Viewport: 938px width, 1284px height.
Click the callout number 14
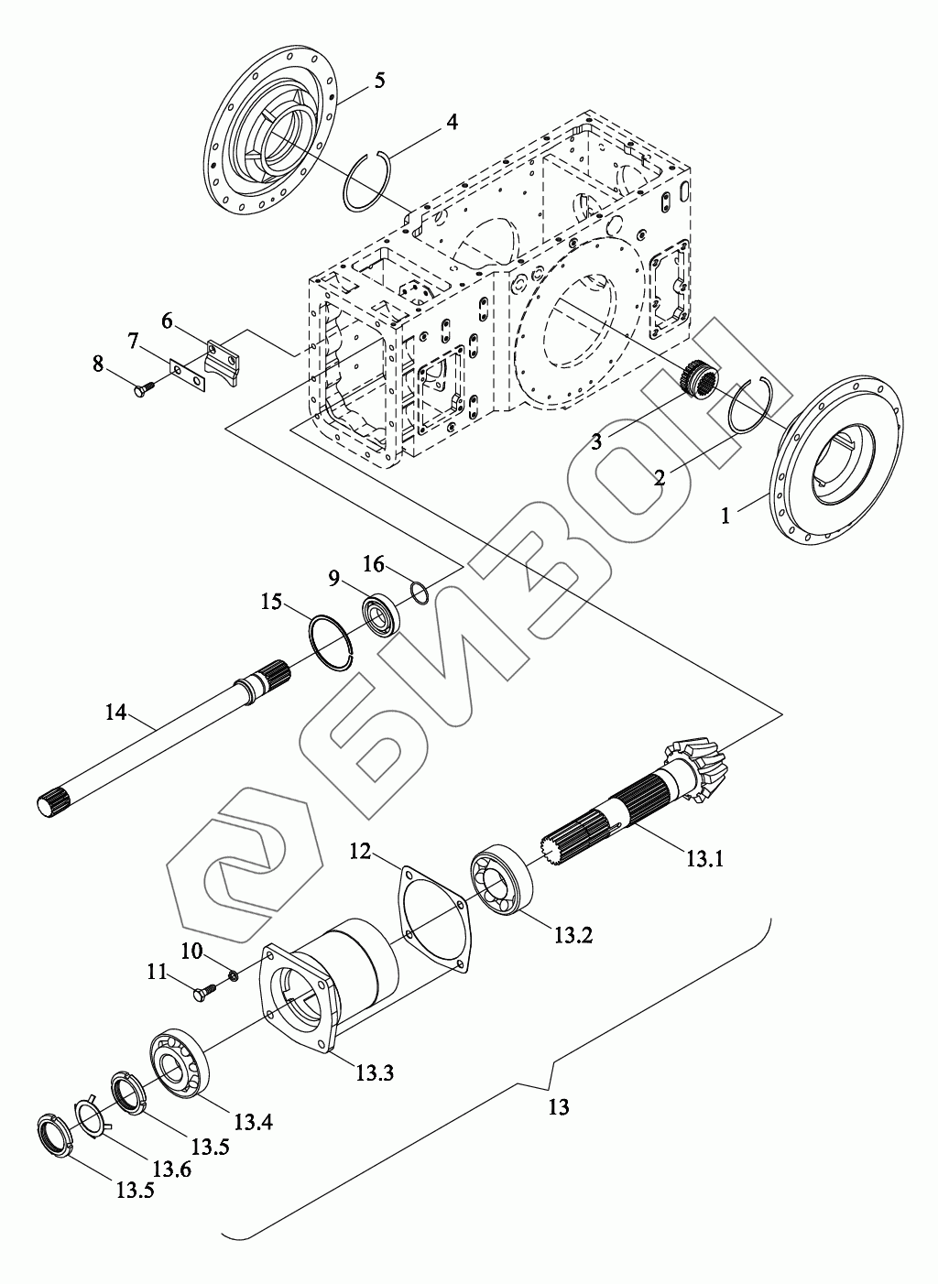click(x=115, y=711)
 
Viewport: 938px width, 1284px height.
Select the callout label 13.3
click(x=375, y=1072)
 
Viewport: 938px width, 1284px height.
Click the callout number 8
click(x=98, y=364)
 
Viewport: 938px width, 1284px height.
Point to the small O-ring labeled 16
click(x=419, y=593)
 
